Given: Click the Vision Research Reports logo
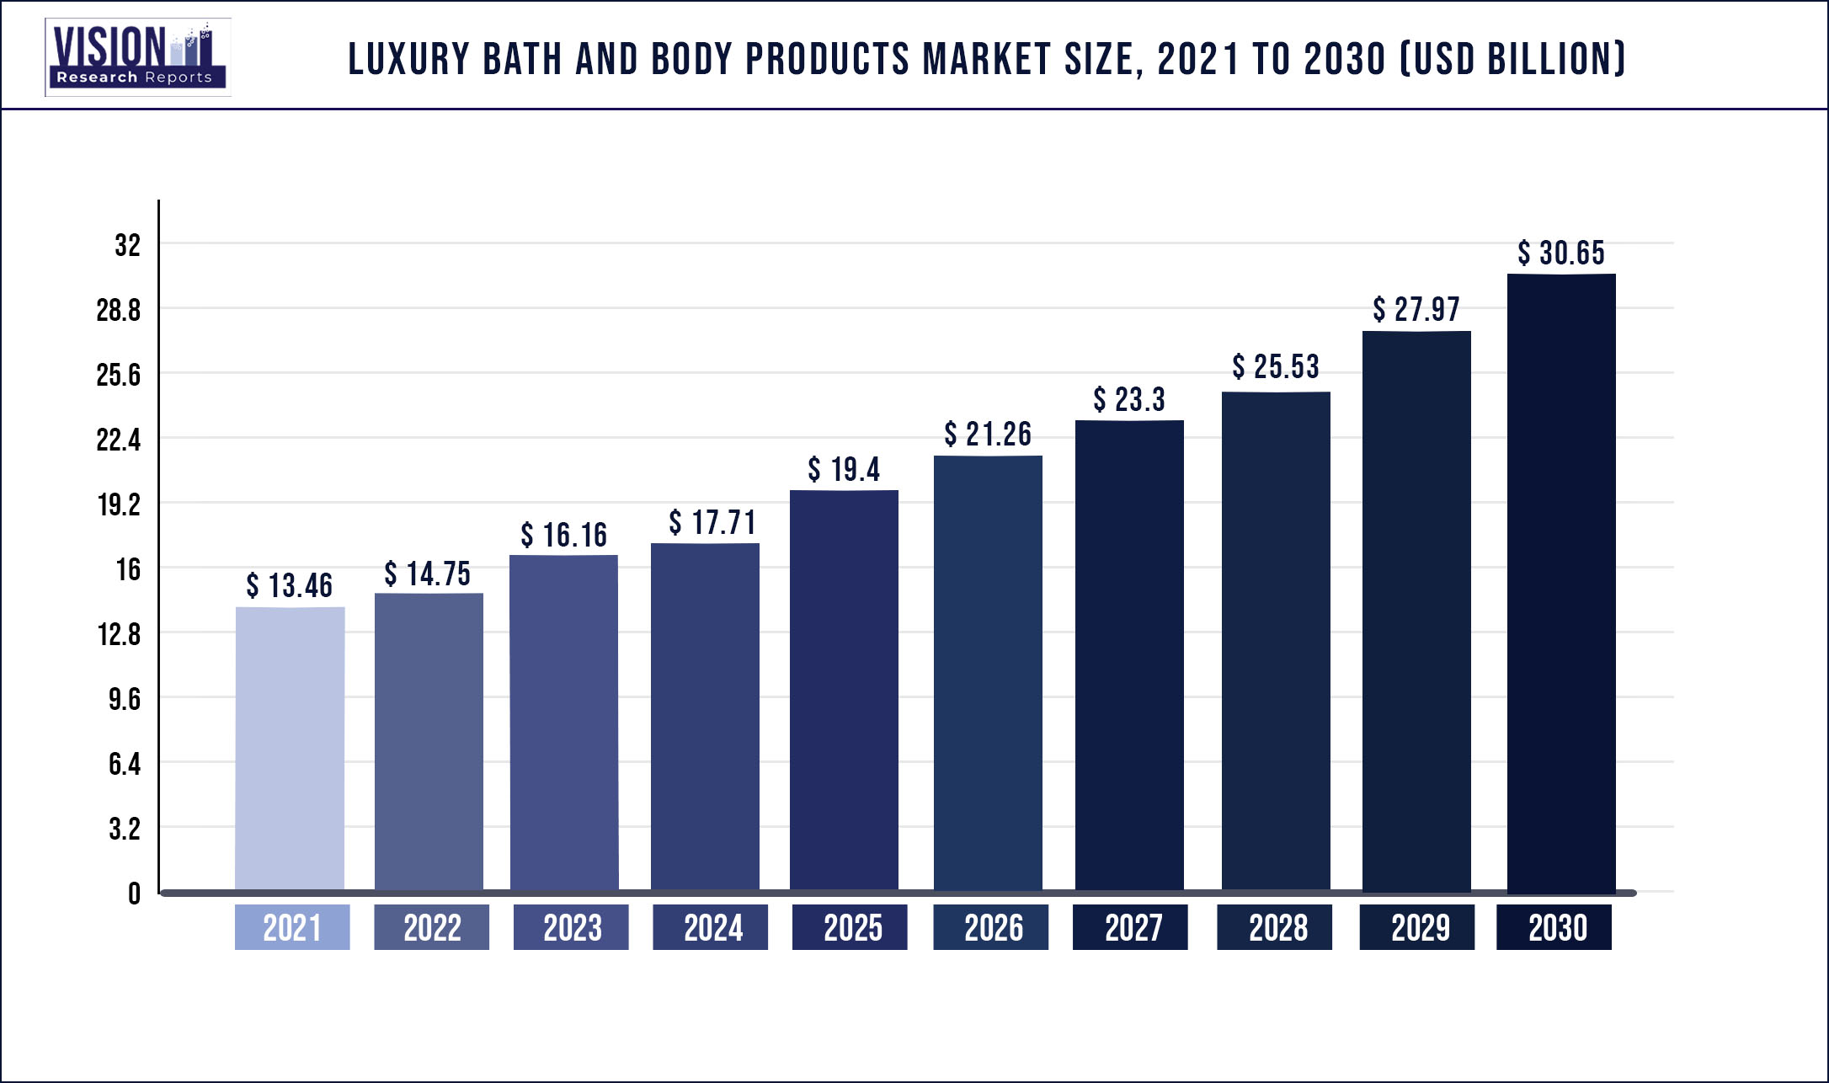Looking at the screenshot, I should coord(137,57).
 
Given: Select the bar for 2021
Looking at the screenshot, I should coord(290,748).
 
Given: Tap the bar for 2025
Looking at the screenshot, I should coord(844,691).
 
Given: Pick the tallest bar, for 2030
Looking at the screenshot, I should coord(1561,583).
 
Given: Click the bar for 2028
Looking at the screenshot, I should coord(1276,642).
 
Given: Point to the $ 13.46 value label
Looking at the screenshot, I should coord(289,585).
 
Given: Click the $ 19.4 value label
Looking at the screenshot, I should coord(844,469).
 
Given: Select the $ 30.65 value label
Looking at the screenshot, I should coord(1561,253).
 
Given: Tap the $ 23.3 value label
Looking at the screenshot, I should coord(1129,399).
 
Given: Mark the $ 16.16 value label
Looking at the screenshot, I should coord(563,535).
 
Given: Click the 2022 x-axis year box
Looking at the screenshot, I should coord(431,927).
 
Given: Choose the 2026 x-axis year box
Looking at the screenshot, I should coord(991,927).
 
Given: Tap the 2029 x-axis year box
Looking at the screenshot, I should coord(1417,927).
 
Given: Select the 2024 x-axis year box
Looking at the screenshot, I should coord(711,927).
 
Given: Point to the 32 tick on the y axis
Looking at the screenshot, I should coord(127,245).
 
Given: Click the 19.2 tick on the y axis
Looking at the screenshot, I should coord(119,504).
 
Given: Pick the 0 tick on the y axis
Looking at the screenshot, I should coord(134,894).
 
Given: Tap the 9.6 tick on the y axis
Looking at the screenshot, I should coord(124,699).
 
